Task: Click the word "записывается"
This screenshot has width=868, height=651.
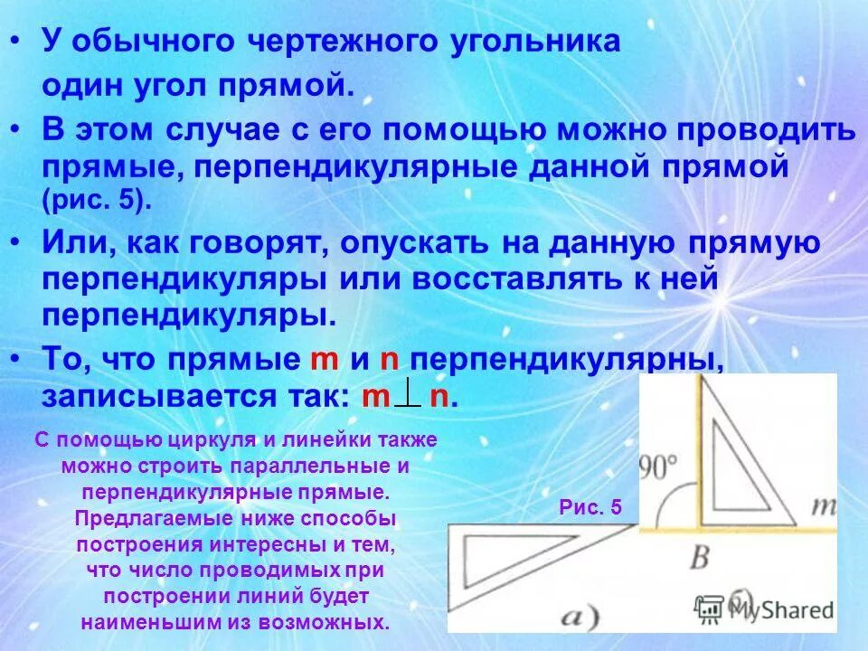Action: [164, 397]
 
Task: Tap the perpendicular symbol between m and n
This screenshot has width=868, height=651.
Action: [408, 394]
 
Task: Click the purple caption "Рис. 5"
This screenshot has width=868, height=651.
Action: [590, 507]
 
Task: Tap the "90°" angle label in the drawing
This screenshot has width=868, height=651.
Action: [659, 467]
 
